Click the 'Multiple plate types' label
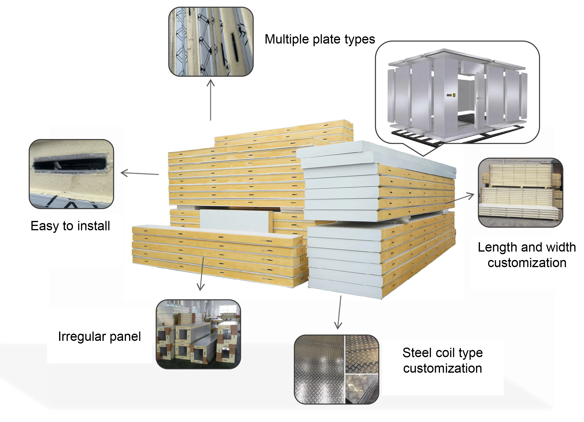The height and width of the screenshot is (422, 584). pyautogui.click(x=320, y=39)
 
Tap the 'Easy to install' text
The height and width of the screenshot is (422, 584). pyautogui.click(x=70, y=226)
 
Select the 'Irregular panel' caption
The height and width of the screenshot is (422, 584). pyautogui.click(x=99, y=337)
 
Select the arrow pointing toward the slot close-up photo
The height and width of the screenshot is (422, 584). pyautogui.click(x=139, y=173)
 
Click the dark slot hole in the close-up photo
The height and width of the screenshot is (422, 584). pyautogui.click(x=70, y=164)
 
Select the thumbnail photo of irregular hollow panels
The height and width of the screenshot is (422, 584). pyautogui.click(x=198, y=334)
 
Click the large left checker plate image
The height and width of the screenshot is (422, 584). pyautogui.click(x=319, y=369)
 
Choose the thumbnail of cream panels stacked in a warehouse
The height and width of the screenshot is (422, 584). pyautogui.click(x=520, y=193)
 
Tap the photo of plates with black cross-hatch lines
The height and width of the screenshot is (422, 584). pyautogui.click(x=211, y=42)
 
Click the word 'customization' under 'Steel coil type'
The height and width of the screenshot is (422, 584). pyautogui.click(x=442, y=368)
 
